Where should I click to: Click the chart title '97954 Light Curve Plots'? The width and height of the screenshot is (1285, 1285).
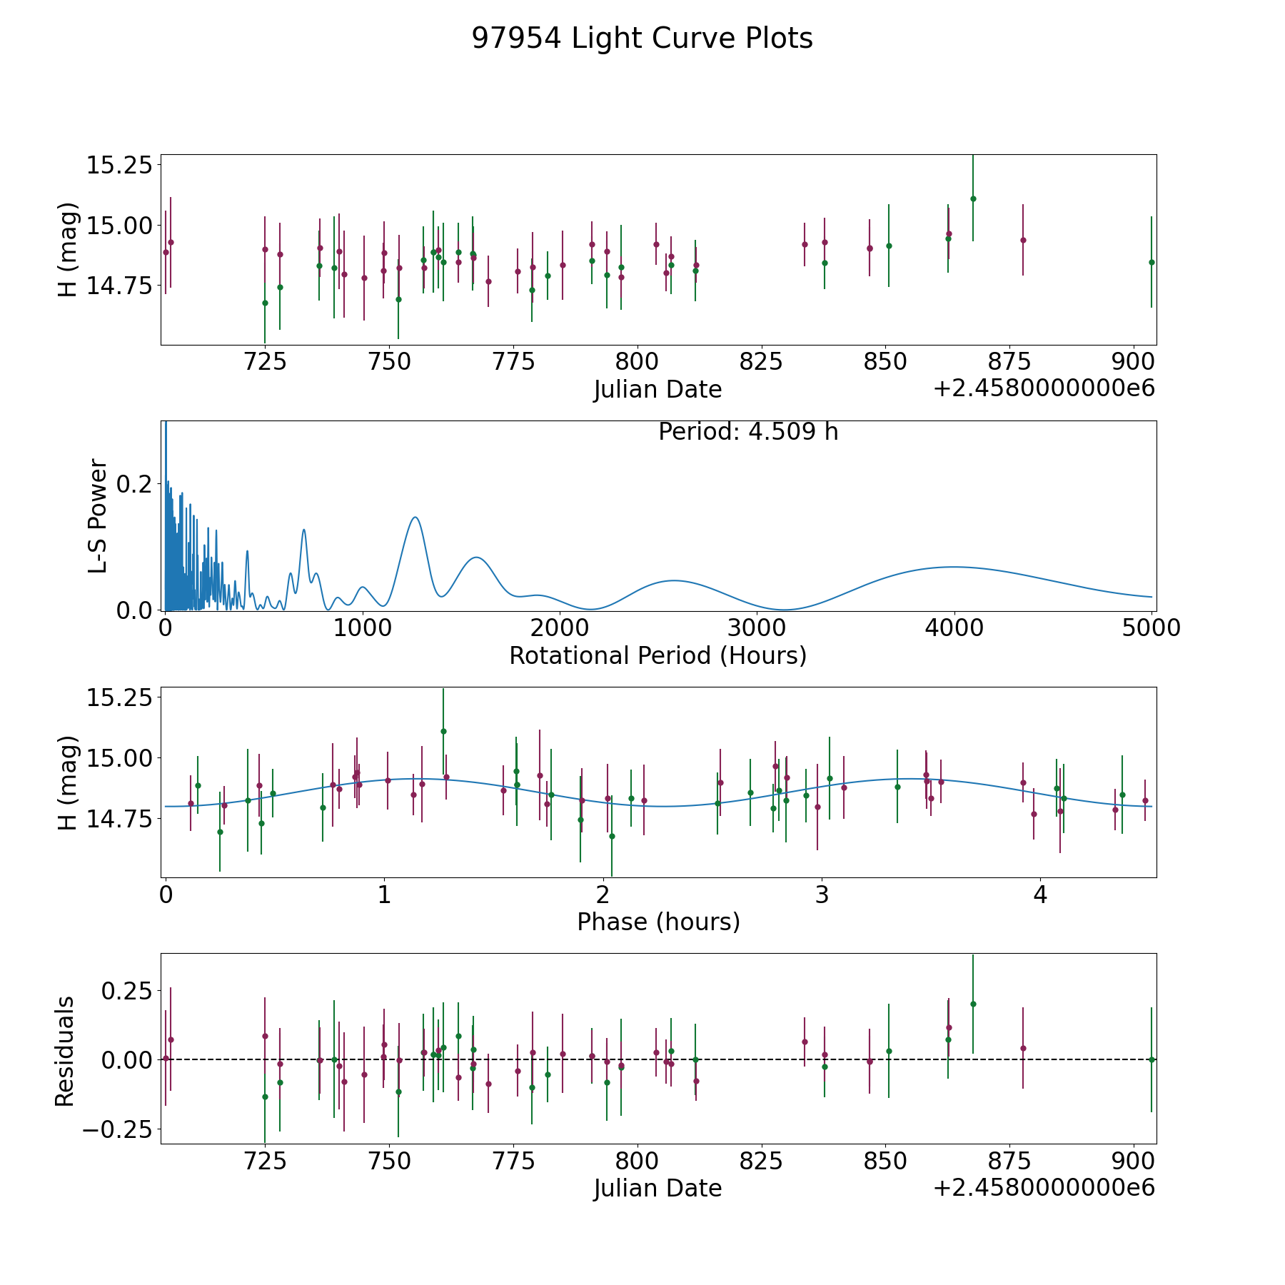[642, 39]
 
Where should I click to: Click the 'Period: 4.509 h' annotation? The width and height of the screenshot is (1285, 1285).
[747, 432]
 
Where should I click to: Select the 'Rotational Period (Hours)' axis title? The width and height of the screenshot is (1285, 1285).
[657, 655]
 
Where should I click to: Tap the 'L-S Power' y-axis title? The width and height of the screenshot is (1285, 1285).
[98, 515]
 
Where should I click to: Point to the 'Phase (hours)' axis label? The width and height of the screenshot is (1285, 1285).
[657, 922]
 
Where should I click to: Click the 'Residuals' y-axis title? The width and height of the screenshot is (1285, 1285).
[65, 1052]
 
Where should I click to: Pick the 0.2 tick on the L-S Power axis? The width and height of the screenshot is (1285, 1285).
[135, 484]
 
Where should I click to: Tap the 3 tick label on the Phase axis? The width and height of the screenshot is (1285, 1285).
[822, 895]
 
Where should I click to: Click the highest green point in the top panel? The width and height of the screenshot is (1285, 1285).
[973, 198]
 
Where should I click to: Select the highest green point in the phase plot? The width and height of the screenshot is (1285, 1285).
[443, 731]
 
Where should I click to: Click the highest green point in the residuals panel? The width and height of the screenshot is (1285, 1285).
[973, 1004]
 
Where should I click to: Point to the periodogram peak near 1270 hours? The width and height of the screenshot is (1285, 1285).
[415, 518]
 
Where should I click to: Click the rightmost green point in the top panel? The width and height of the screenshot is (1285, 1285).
[1152, 262]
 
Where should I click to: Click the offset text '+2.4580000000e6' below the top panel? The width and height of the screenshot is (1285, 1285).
[1044, 388]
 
